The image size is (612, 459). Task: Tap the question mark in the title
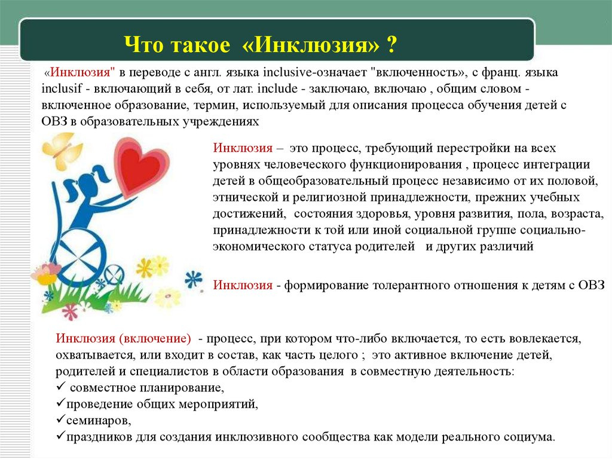click(391, 44)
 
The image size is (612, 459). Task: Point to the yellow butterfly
click(62, 150)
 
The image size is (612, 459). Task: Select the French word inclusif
click(61, 88)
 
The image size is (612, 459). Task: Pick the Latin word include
click(277, 88)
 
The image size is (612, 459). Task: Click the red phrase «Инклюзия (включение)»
click(123, 338)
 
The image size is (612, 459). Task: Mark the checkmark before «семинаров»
click(60, 418)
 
